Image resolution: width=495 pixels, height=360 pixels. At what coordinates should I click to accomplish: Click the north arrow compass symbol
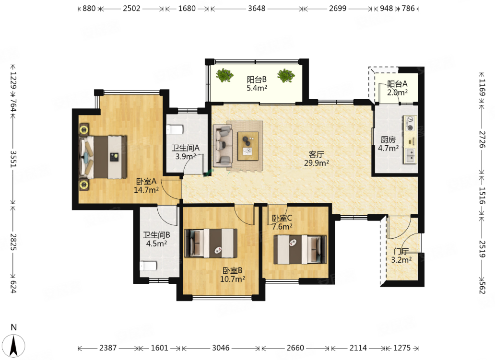(13, 345)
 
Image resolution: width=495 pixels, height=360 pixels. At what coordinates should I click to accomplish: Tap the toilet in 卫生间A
(175, 130)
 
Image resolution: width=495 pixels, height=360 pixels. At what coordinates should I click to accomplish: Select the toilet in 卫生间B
(148, 266)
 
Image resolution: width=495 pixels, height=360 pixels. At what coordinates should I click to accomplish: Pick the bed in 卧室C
(300, 249)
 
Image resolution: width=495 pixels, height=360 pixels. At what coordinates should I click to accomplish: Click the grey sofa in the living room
(223, 145)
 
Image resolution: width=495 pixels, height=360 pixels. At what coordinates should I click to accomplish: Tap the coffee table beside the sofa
(248, 146)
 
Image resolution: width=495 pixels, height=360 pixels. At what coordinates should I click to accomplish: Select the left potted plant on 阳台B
(224, 75)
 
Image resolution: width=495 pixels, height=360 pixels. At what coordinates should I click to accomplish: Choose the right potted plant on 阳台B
(286, 75)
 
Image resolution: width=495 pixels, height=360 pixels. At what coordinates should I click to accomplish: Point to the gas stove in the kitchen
(410, 123)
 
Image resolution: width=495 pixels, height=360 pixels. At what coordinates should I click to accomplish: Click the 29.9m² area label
(316, 163)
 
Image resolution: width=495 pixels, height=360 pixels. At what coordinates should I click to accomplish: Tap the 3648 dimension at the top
(256, 9)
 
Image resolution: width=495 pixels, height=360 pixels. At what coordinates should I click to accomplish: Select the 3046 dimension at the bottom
(221, 348)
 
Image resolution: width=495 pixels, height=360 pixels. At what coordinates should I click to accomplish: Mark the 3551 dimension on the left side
(13, 159)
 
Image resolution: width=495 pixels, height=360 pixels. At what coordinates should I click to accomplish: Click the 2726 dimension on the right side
(482, 139)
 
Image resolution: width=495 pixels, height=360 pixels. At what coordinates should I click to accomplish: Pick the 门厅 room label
(401, 251)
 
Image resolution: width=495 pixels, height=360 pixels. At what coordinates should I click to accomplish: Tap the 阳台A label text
(397, 83)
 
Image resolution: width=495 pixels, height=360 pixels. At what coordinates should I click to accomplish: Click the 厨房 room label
(388, 139)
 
